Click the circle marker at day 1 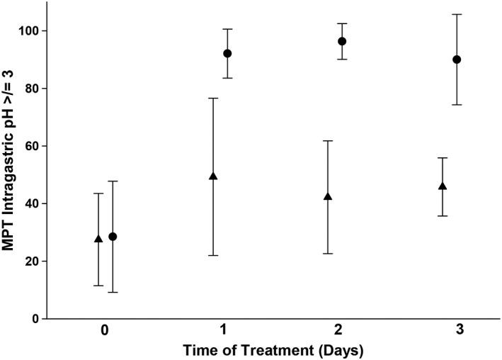click(227, 53)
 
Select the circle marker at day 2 click(342, 41)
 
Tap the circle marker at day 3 click(457, 60)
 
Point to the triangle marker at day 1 click(213, 176)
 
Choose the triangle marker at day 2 click(328, 196)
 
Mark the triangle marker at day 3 click(443, 186)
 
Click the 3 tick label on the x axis click(450, 330)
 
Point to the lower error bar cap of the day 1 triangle click(213, 255)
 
